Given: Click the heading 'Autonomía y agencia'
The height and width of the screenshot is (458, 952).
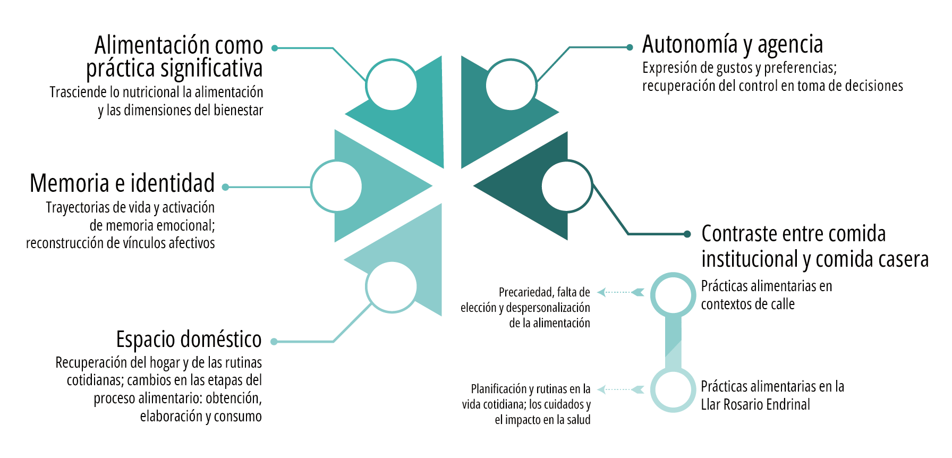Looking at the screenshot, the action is [x=733, y=45].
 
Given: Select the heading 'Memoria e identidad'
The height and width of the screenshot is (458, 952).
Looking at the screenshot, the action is [x=122, y=183].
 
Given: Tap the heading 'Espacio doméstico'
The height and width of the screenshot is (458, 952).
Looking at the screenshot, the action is [x=189, y=340].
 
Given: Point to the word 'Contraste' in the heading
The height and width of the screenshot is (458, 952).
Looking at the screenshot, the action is [x=740, y=234].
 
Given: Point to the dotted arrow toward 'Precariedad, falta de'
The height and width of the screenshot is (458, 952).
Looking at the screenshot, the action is [x=620, y=292].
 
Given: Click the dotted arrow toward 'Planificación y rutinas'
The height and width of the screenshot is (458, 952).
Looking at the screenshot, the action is [x=620, y=389].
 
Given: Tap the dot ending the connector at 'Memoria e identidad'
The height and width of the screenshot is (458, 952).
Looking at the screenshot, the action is [x=225, y=187].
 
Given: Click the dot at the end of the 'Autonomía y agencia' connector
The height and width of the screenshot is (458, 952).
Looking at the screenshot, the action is [x=630, y=47].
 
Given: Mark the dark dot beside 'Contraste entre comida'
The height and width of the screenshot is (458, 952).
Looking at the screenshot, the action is [x=687, y=234].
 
